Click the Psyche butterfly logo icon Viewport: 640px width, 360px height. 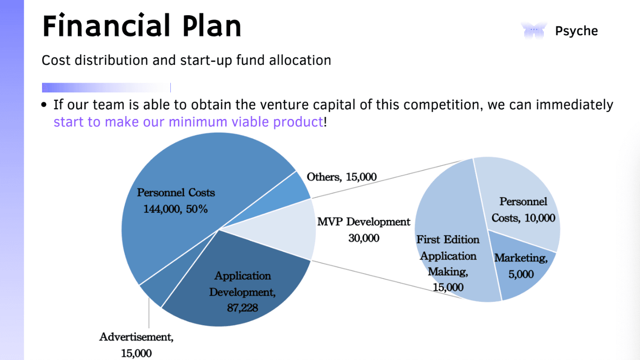pyautogui.click(x=534, y=31)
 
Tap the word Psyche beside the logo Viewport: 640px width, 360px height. pyautogui.click(x=576, y=31)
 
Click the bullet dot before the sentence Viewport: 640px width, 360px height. pyautogui.click(x=44, y=106)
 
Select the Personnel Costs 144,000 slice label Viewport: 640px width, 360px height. pyautogui.click(x=176, y=201)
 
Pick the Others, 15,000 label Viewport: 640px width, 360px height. pyautogui.click(x=341, y=177)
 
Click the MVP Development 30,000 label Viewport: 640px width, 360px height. pyautogui.click(x=363, y=230)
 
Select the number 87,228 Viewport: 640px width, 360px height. pyautogui.click(x=242, y=307)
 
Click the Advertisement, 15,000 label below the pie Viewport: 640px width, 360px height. pyautogui.click(x=136, y=344)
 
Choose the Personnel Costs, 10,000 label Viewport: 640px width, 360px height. pyautogui.click(x=523, y=209)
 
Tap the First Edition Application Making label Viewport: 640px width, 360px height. pyautogui.click(x=448, y=264)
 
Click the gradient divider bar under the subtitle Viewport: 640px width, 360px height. pyautogui.click(x=106, y=88)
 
